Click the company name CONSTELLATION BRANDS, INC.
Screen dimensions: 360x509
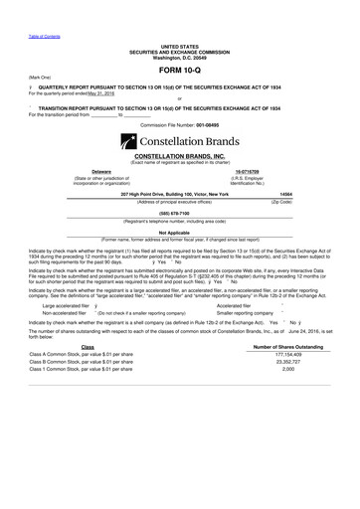pyautogui.click(x=179, y=157)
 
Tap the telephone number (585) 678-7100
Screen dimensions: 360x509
pyautogui.click(x=179, y=211)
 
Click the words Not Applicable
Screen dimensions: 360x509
pyautogui.click(x=179, y=231)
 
